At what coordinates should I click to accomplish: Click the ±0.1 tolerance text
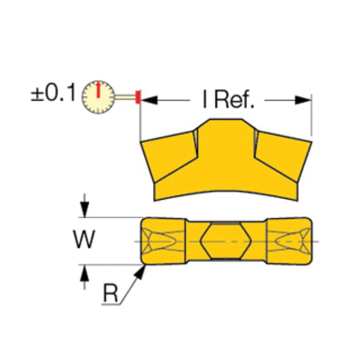pos(53,94)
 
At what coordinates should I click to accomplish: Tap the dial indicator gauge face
pos(98,97)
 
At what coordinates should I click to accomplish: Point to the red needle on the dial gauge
pos(98,89)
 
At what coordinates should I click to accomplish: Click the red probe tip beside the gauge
pos(138,97)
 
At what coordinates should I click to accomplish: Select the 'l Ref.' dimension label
pos(229,101)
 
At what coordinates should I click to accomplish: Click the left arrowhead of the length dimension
pos(149,101)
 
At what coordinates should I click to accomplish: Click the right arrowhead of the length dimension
pos(303,101)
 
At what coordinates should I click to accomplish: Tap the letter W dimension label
pos(85,239)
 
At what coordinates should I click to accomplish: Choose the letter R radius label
pos(111,293)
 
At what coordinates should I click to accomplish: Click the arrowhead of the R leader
pos(140,272)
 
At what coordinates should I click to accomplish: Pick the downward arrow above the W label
pos(85,205)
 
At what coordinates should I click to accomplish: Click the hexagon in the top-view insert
pos(226,240)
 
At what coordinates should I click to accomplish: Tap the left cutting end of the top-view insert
pos(163,241)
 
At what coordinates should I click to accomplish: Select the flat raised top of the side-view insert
pos(226,120)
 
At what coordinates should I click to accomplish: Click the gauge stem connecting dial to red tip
pos(125,96)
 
